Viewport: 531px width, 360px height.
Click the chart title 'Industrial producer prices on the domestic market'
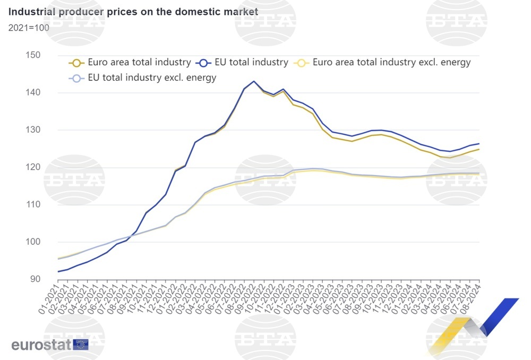click(x=133, y=11)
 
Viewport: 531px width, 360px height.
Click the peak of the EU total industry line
click(x=254, y=81)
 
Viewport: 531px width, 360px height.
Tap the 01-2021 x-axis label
click(x=50, y=299)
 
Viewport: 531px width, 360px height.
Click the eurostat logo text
click(x=41, y=345)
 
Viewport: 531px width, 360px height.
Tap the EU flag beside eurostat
click(x=81, y=344)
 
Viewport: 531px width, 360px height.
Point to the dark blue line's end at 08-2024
click(x=479, y=143)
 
